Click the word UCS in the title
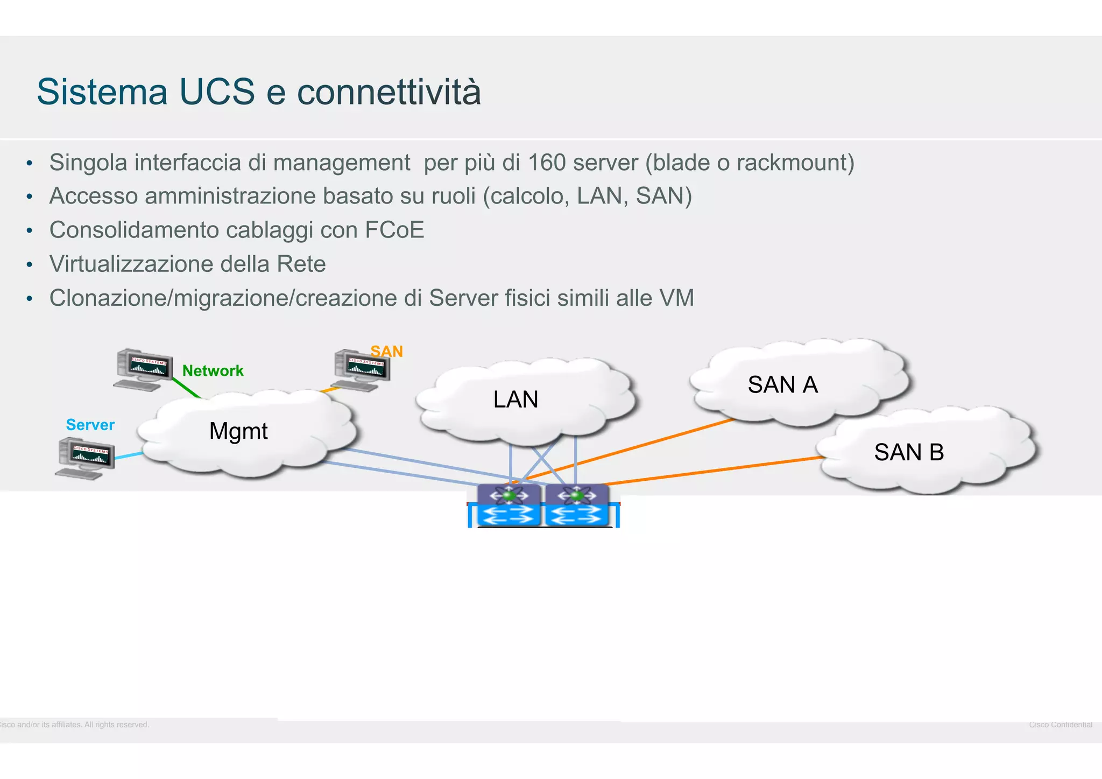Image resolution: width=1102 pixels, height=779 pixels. [216, 92]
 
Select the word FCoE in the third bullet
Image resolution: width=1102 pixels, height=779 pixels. [394, 230]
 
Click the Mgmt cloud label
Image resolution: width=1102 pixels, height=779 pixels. [238, 431]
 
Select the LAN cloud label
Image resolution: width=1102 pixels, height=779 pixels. [515, 399]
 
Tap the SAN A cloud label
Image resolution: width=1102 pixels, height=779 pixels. [782, 385]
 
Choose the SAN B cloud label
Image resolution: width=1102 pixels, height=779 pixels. [909, 452]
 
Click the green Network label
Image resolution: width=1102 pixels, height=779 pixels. [213, 371]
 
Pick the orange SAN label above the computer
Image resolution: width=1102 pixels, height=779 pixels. [386, 352]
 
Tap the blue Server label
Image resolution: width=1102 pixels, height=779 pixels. [90, 425]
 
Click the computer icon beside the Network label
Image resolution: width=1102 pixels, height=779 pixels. [143, 369]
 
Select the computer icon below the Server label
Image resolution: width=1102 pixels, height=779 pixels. [85, 458]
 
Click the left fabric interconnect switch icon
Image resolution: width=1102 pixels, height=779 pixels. [509, 505]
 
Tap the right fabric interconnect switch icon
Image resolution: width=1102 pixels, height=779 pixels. [577, 505]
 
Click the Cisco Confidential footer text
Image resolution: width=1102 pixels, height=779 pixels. [1060, 725]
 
